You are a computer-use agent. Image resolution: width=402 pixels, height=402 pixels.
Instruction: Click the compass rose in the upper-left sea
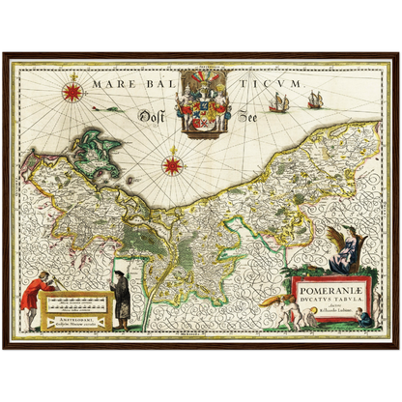(71, 93)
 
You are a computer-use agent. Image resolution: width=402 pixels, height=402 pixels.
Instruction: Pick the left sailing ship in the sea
(278, 102)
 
